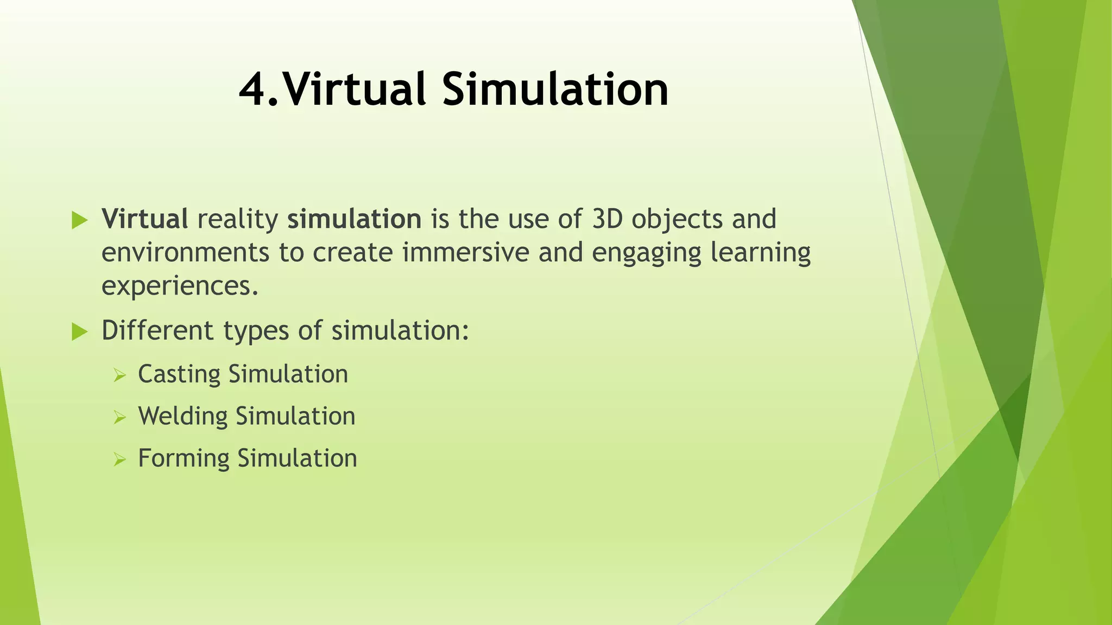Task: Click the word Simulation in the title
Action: (555, 90)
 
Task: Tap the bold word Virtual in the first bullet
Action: (145, 219)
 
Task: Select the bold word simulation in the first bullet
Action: (354, 219)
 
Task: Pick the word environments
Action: (185, 253)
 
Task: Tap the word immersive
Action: (465, 253)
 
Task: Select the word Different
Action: (157, 330)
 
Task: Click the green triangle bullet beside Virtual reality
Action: (79, 220)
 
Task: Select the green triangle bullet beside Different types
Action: (79, 331)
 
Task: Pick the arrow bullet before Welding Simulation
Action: (119, 417)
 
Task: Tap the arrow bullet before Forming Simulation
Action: (119, 460)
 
